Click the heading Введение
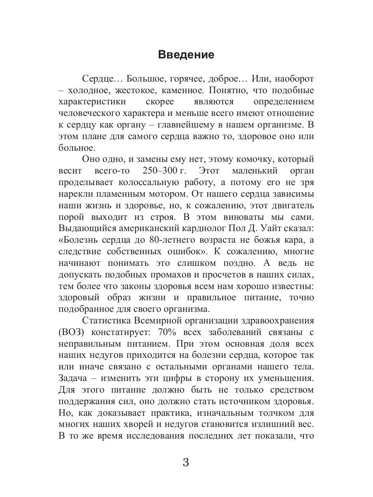click(186, 55)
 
